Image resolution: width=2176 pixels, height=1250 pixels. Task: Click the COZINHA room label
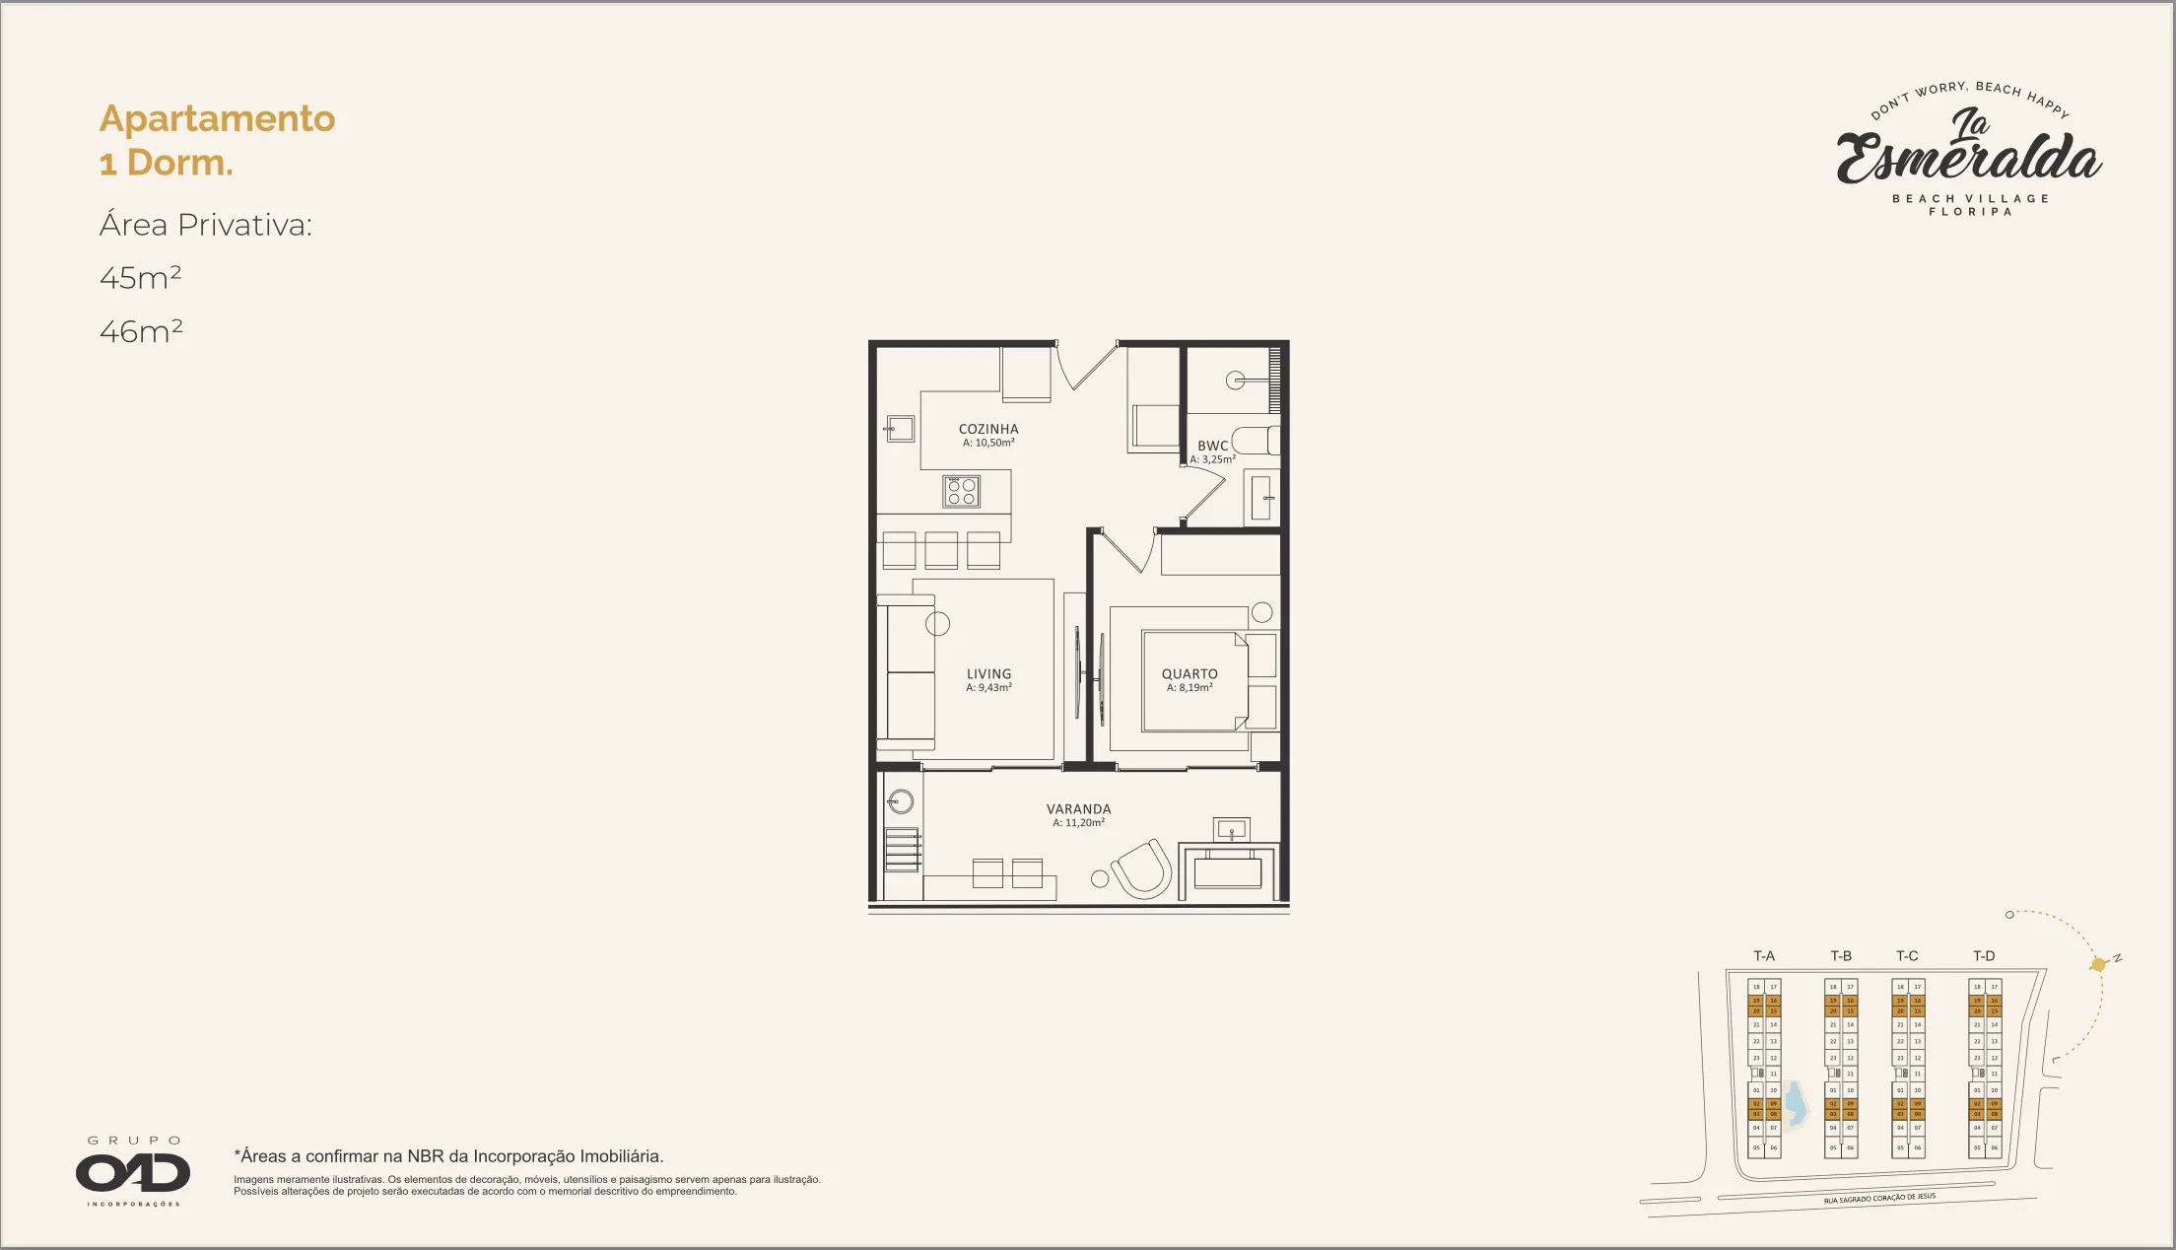[x=988, y=430]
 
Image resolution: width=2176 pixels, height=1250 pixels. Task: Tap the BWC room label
[x=1213, y=447]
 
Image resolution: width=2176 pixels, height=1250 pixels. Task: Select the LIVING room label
[x=988, y=674]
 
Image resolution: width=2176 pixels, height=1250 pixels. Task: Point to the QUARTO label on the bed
[x=1190, y=674]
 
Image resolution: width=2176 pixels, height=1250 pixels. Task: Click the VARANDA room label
[x=1078, y=809]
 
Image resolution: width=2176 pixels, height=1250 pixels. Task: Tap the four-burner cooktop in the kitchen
[x=962, y=491]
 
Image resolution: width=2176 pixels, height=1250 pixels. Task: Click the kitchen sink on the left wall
[x=900, y=429]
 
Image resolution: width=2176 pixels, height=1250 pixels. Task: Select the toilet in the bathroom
[x=1255, y=440]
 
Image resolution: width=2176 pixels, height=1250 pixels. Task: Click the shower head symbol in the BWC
[x=1236, y=381]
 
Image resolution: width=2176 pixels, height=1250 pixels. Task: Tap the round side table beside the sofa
[x=937, y=623]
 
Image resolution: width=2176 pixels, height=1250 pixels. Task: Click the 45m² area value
[x=140, y=278]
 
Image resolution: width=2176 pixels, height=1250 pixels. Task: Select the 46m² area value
[x=141, y=331]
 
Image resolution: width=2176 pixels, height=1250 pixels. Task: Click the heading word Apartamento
[x=217, y=118]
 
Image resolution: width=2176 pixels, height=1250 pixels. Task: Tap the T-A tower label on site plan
[x=1764, y=956]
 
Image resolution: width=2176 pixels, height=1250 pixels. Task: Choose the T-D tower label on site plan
[x=1984, y=956]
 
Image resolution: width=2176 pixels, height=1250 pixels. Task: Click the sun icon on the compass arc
[x=2098, y=964]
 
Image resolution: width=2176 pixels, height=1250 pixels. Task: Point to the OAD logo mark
[x=133, y=1172]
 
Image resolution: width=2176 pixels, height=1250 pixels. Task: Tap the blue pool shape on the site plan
[x=1797, y=1105]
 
